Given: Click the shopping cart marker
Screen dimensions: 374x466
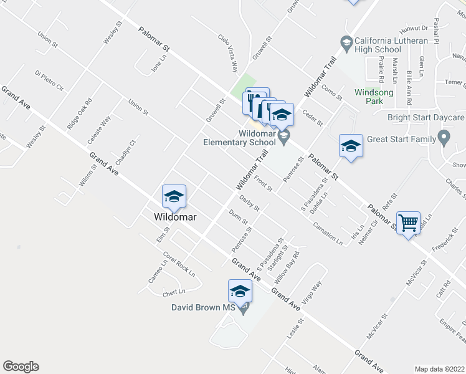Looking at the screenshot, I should pyautogui.click(x=409, y=222).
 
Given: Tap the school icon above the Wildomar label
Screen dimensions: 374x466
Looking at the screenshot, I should pyautogui.click(x=173, y=196).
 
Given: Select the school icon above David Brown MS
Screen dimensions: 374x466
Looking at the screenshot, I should pyautogui.click(x=240, y=290).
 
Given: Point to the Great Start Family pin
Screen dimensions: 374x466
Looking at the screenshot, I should pyautogui.click(x=444, y=137).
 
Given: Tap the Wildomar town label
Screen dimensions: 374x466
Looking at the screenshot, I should pyautogui.click(x=176, y=217).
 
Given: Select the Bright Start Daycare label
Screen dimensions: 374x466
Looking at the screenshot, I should pyautogui.click(x=426, y=117).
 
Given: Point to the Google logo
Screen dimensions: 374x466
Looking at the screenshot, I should pyautogui.click(x=21, y=367).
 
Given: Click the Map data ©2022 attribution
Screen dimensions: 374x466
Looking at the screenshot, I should pyautogui.click(x=439, y=369).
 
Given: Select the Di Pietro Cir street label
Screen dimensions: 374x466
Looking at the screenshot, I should pyautogui.click(x=50, y=81).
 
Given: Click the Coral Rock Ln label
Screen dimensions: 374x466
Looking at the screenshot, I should pyautogui.click(x=179, y=264).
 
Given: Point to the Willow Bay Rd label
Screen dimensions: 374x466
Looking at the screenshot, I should pyautogui.click(x=288, y=267).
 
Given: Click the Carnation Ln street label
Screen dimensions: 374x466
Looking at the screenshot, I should pyautogui.click(x=328, y=233).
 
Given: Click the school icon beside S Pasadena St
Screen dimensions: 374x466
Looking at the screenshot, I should pyautogui.click(x=351, y=146).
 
